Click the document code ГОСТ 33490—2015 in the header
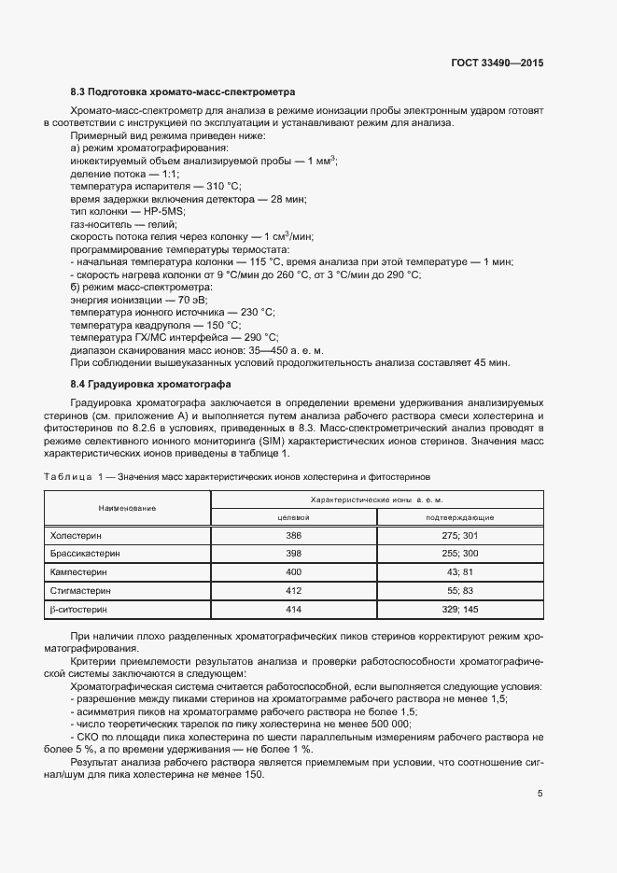(497, 63)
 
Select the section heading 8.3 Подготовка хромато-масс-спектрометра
(183, 92)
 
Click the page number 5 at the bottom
(540, 795)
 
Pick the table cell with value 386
(293, 536)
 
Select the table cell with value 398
(293, 554)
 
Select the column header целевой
(293, 517)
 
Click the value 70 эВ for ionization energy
(192, 300)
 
